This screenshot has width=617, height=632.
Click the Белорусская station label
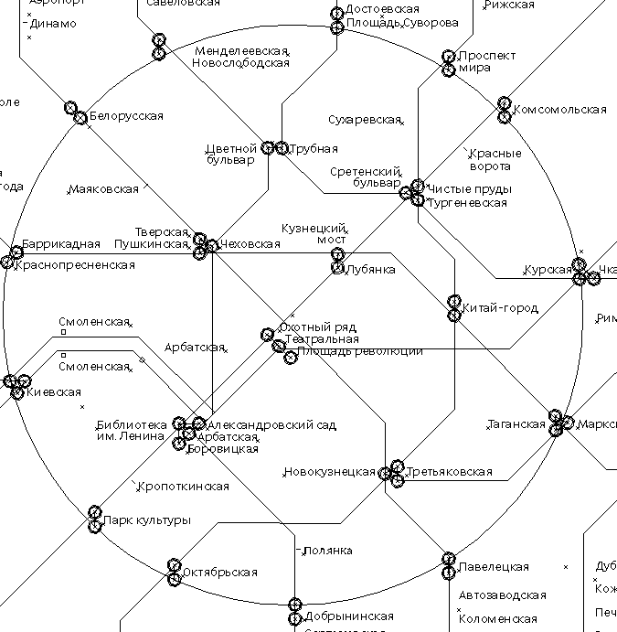point(125,116)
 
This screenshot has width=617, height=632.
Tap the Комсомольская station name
point(559,110)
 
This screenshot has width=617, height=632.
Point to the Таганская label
point(516,424)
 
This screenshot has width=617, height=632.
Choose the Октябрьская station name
point(219,573)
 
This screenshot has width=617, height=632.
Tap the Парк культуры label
point(146,520)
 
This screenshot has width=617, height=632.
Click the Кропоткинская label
point(183,487)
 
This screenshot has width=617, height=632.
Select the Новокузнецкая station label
point(329,473)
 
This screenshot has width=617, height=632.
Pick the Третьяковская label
point(449,473)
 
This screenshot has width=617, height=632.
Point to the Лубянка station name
point(370,270)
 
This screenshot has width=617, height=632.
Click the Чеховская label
point(250,244)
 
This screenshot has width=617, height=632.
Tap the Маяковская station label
point(103,189)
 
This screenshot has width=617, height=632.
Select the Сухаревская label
point(364,120)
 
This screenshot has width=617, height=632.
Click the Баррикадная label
point(60,243)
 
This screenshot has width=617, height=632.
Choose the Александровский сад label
point(271,425)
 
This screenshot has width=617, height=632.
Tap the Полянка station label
point(327,551)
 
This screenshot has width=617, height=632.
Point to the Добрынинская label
point(349,616)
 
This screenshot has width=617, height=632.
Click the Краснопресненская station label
point(74,265)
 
